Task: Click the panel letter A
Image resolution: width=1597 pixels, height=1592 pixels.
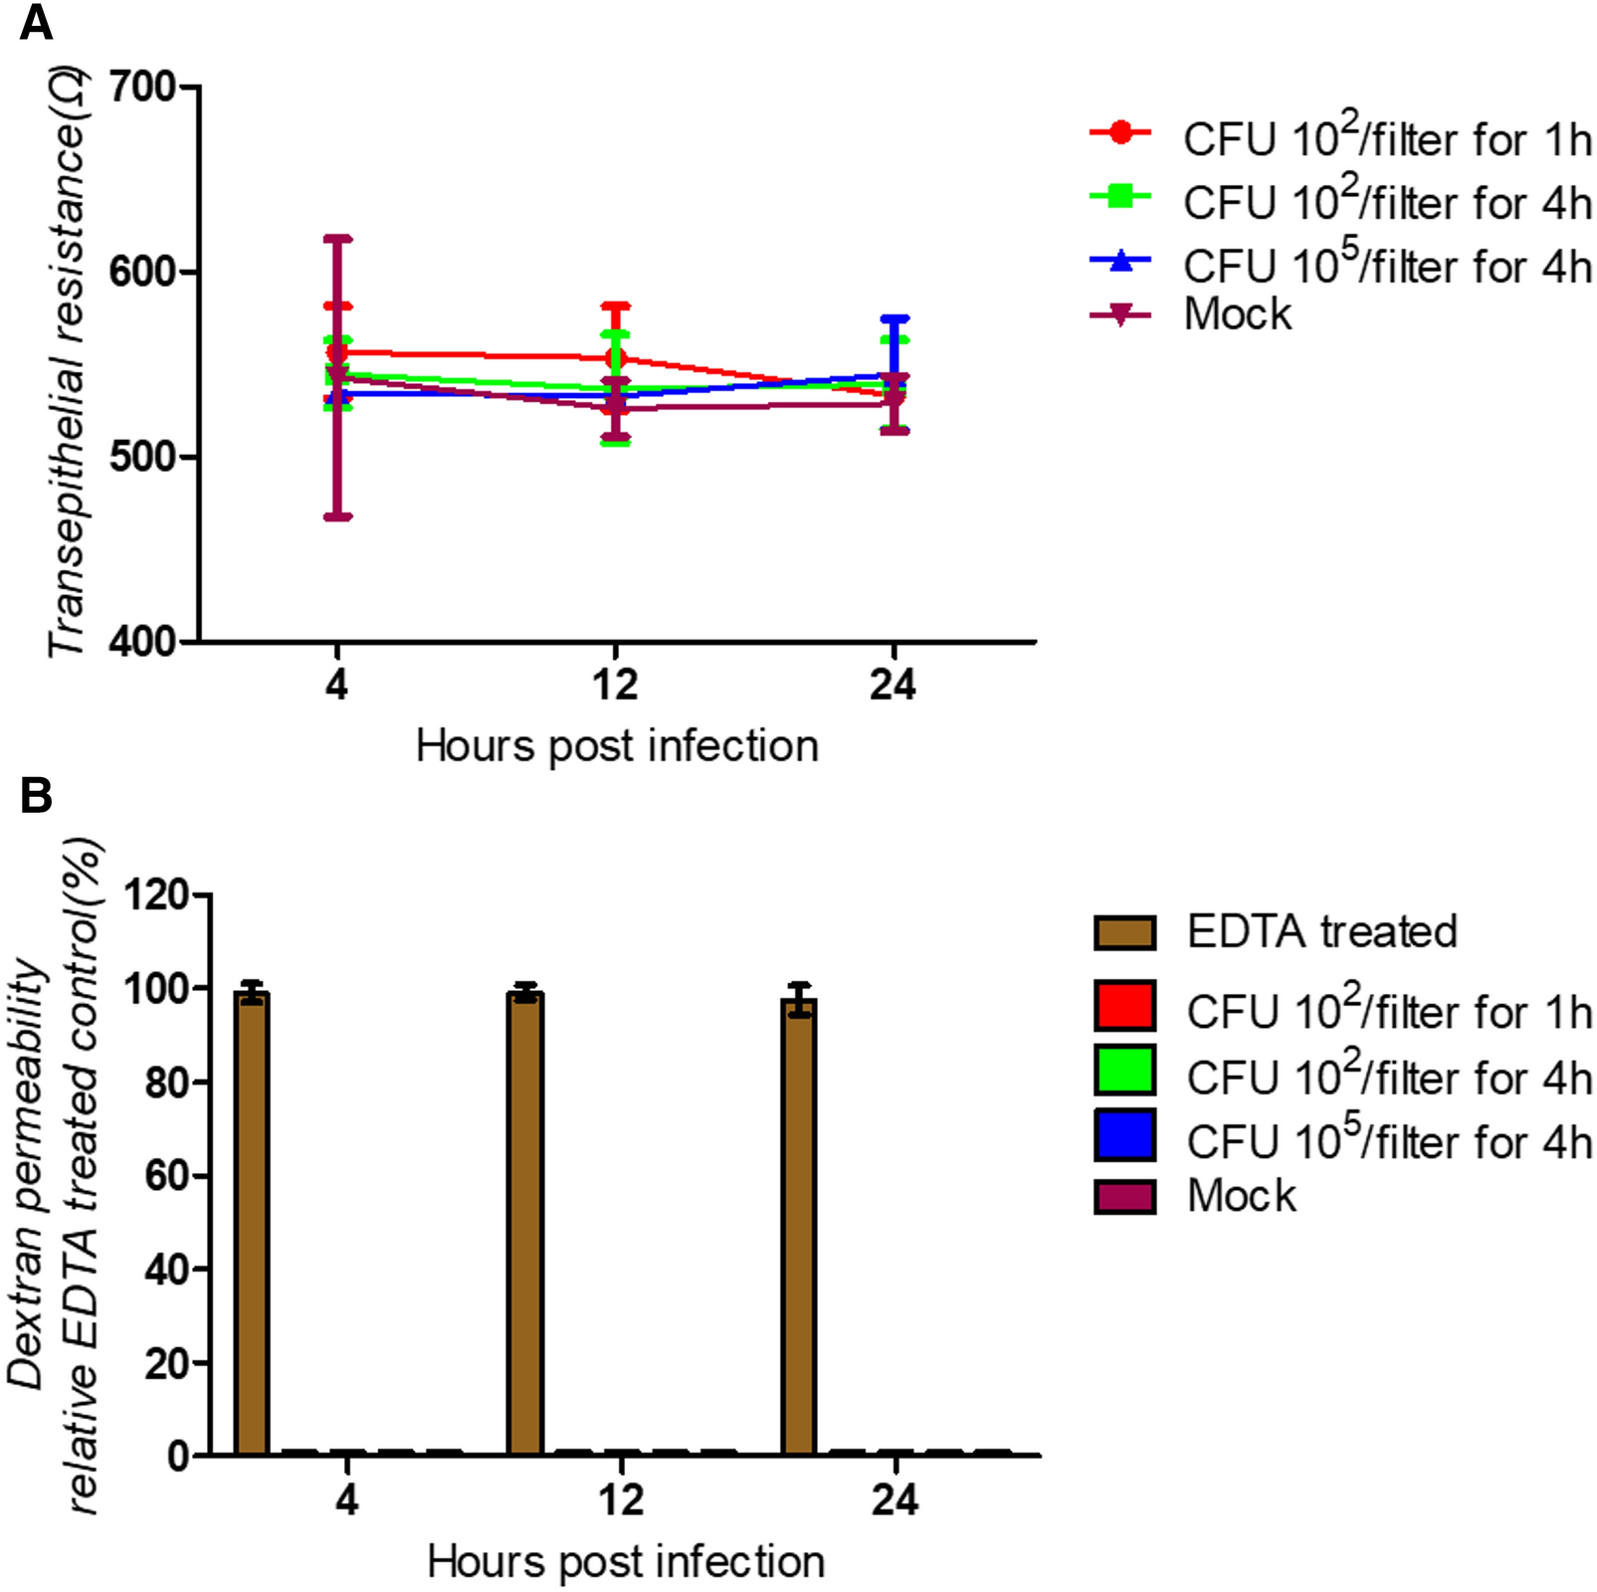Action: pyautogui.click(x=36, y=22)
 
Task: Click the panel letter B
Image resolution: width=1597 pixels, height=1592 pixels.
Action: pyautogui.click(x=36, y=796)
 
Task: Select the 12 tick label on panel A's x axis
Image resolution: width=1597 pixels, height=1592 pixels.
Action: pyautogui.click(x=615, y=685)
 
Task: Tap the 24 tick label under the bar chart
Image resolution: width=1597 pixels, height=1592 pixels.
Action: pyautogui.click(x=895, y=1500)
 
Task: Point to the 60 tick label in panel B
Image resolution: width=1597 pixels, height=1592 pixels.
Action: pyautogui.click(x=166, y=1176)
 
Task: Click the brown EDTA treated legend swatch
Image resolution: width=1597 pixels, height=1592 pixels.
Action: pyautogui.click(x=1124, y=933)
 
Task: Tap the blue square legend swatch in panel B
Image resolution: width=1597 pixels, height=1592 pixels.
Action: pyautogui.click(x=1124, y=1135)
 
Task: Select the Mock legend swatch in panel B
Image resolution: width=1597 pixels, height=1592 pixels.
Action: pyautogui.click(x=1124, y=1197)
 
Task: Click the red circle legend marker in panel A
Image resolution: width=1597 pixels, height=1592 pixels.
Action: pyautogui.click(x=1120, y=132)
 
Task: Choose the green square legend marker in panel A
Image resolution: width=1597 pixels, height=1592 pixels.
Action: pyautogui.click(x=1120, y=196)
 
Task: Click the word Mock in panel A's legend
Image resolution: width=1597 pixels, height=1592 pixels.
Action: pyautogui.click(x=1238, y=314)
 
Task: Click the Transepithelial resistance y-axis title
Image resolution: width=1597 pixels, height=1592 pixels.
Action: pyautogui.click(x=68, y=363)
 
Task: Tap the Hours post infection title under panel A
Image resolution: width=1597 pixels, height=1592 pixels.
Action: pyautogui.click(x=617, y=746)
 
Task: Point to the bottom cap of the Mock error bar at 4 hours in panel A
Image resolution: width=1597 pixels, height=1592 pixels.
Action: pyautogui.click(x=337, y=517)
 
